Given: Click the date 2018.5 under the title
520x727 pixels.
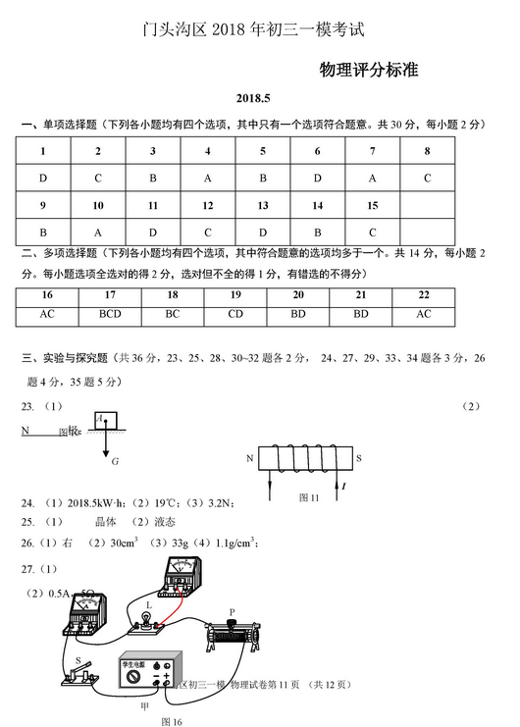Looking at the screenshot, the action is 259,99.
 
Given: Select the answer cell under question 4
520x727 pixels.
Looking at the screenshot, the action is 208,179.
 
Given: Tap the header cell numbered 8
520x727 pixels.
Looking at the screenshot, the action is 428,151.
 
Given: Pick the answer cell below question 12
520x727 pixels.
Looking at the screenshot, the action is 208,233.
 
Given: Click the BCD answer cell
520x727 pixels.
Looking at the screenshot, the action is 110,314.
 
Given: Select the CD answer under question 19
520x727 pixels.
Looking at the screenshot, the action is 235,314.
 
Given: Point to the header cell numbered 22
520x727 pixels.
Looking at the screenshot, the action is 424,294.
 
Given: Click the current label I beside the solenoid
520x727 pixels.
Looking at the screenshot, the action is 343,486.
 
